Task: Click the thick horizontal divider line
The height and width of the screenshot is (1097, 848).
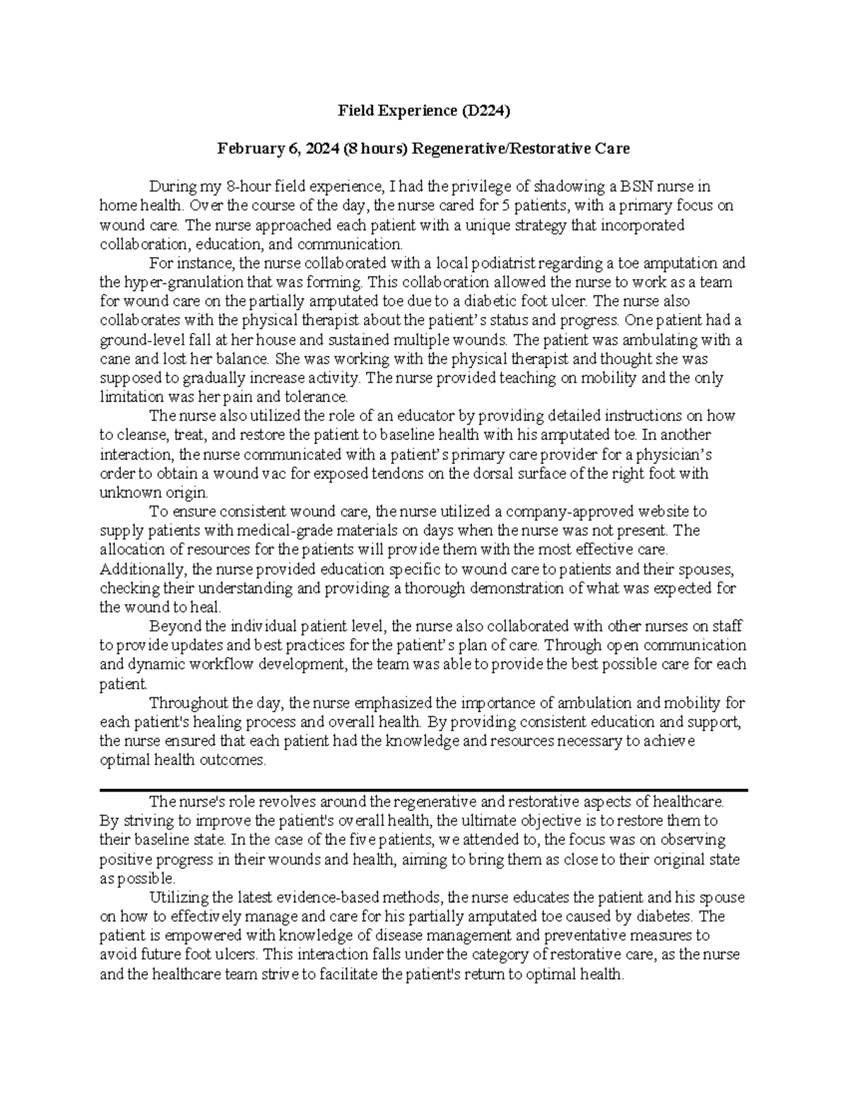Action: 423,790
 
